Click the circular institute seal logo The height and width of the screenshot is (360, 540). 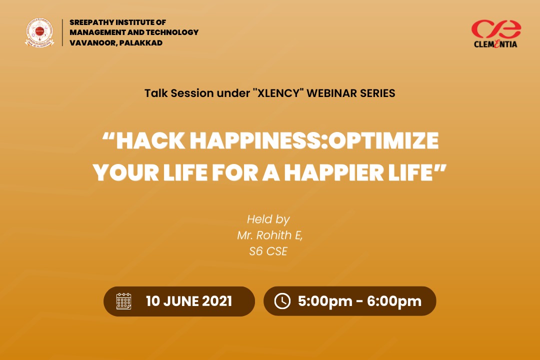tap(39, 32)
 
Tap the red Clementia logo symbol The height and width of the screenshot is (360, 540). tap(496, 29)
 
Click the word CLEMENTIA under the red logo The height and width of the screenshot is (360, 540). tap(495, 44)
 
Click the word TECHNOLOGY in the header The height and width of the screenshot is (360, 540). tap(172, 32)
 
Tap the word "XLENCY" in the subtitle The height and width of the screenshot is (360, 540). tap(278, 93)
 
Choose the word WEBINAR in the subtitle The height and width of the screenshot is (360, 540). tap(331, 93)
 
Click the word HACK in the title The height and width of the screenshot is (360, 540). tap(150, 140)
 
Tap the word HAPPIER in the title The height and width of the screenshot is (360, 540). tap(333, 172)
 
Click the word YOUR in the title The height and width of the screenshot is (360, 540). tap(125, 172)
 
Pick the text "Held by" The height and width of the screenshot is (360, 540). tap(268, 219)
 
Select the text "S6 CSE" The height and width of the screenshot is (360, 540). tap(268, 251)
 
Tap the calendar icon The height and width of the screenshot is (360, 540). tap(123, 301)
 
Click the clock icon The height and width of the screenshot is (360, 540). tap(282, 301)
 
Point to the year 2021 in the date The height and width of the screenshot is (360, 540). tap(217, 301)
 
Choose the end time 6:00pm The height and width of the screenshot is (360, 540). tap(394, 301)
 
